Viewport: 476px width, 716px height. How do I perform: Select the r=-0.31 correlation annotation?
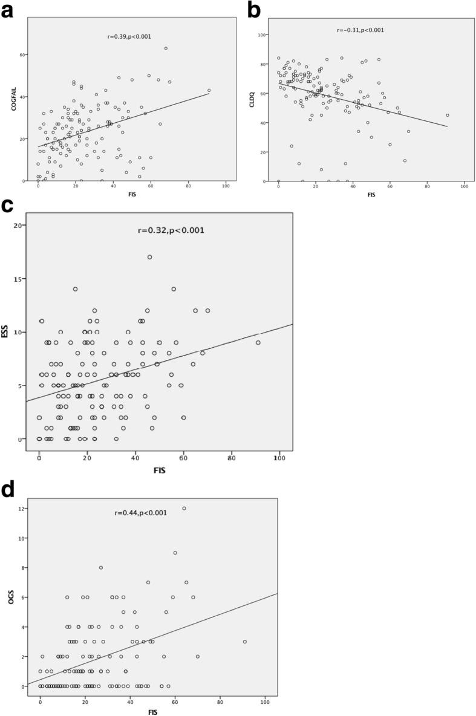tap(361, 30)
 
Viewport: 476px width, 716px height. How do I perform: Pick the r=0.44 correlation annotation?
tap(139, 513)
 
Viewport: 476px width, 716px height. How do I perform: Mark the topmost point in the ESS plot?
tap(149, 257)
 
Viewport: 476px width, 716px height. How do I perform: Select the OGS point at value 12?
tap(184, 508)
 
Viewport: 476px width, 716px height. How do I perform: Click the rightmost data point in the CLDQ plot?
tap(448, 115)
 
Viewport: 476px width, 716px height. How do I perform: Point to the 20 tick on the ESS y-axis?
tap(18, 225)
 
